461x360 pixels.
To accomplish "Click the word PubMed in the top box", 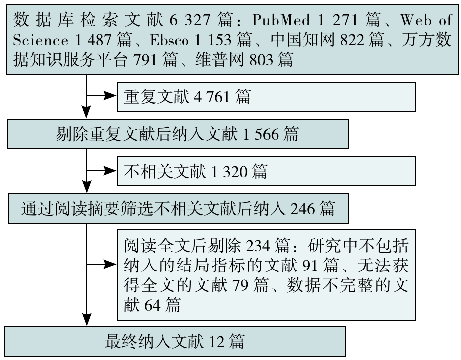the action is click(281, 20).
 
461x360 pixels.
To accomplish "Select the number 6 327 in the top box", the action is click(190, 20).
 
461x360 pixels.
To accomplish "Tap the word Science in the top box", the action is click(41, 40).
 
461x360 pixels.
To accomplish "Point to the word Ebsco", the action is click(169, 40).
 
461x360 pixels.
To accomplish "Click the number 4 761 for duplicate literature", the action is click(212, 96).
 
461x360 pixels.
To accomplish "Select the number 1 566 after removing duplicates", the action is click(261, 134).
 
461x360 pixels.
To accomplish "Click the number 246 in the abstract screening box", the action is click(302, 209).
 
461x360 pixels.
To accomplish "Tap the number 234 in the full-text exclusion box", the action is click(258, 246).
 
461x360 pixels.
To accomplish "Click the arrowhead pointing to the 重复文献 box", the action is click(110, 96).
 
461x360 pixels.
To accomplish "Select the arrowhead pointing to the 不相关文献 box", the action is click(110, 171).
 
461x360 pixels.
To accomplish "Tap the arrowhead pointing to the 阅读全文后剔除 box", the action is click(110, 264).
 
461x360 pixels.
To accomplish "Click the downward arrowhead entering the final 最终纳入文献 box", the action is click(87, 319).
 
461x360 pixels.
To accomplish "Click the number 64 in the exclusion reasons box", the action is click(152, 305).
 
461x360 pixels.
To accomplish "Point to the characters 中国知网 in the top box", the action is click(302, 40).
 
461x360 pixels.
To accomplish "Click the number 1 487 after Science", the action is click(93, 40).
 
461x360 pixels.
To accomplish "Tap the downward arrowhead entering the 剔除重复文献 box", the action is click(86, 112).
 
